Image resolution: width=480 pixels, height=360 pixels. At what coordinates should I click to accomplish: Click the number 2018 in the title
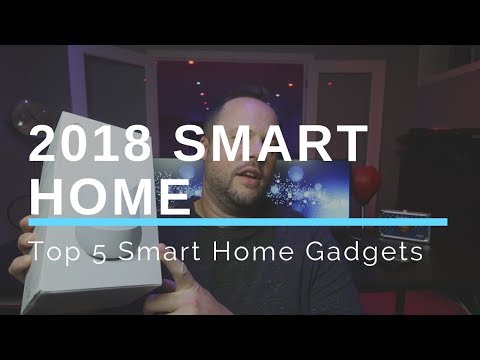(89, 146)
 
